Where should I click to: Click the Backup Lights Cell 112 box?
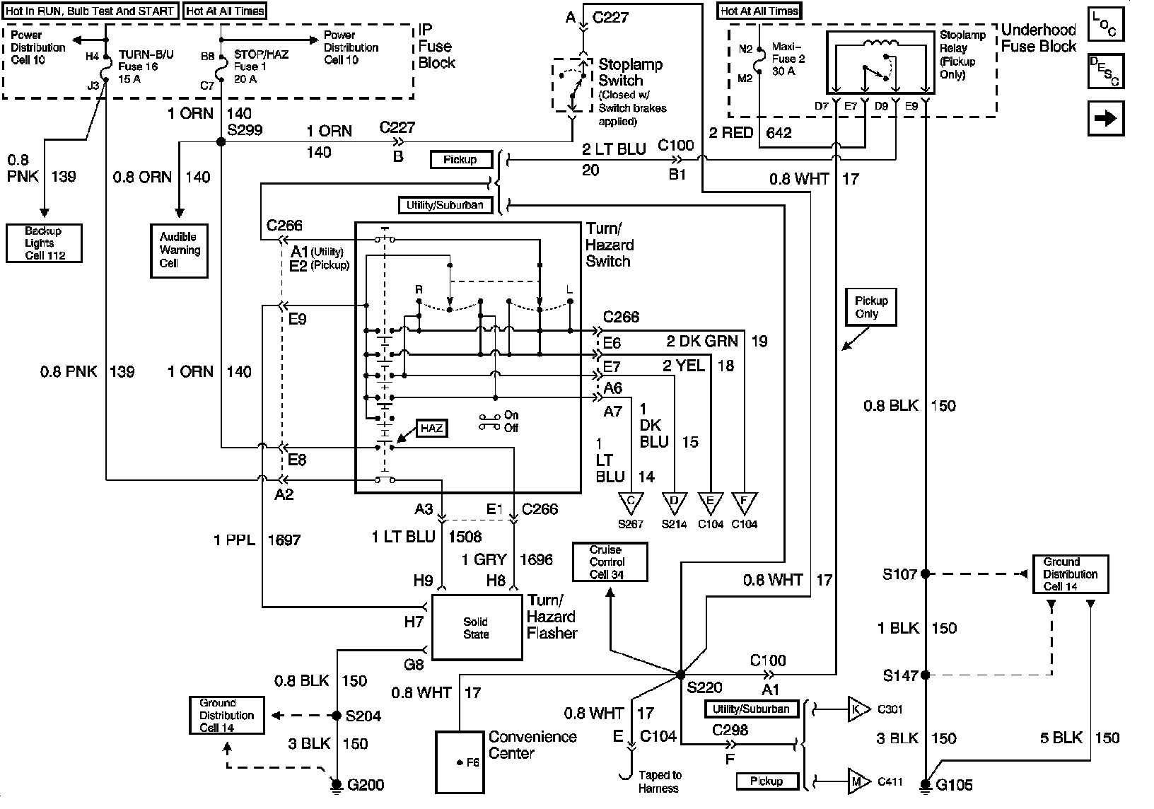click(x=45, y=243)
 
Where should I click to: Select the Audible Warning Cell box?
click(x=180, y=251)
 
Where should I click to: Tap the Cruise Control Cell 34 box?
click(x=610, y=562)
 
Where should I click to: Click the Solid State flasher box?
click(x=477, y=628)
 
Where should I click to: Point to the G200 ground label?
click(x=366, y=785)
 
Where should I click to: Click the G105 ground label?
click(x=954, y=785)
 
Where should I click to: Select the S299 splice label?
click(x=245, y=130)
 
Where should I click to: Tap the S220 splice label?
click(x=705, y=687)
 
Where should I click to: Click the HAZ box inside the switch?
click(x=432, y=429)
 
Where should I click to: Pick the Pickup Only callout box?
click(x=871, y=307)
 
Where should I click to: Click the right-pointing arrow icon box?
click(x=1106, y=119)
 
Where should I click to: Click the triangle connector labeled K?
click(x=858, y=709)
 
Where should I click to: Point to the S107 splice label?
click(x=899, y=574)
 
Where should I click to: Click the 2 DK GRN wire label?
click(x=702, y=341)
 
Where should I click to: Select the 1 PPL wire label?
click(x=235, y=540)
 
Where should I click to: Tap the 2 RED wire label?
click(x=731, y=133)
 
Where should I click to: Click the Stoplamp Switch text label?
click(x=631, y=72)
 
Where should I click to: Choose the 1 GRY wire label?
click(x=484, y=559)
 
